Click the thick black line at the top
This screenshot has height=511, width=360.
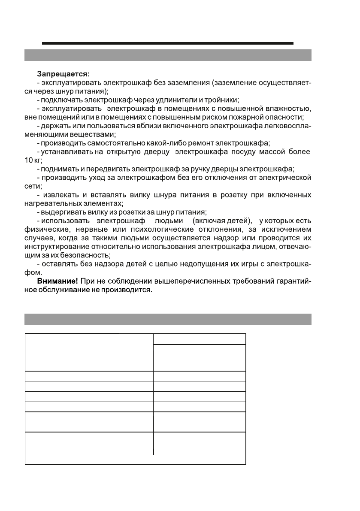pos(167,43)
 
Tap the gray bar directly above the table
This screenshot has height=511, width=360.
pos(167,319)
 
